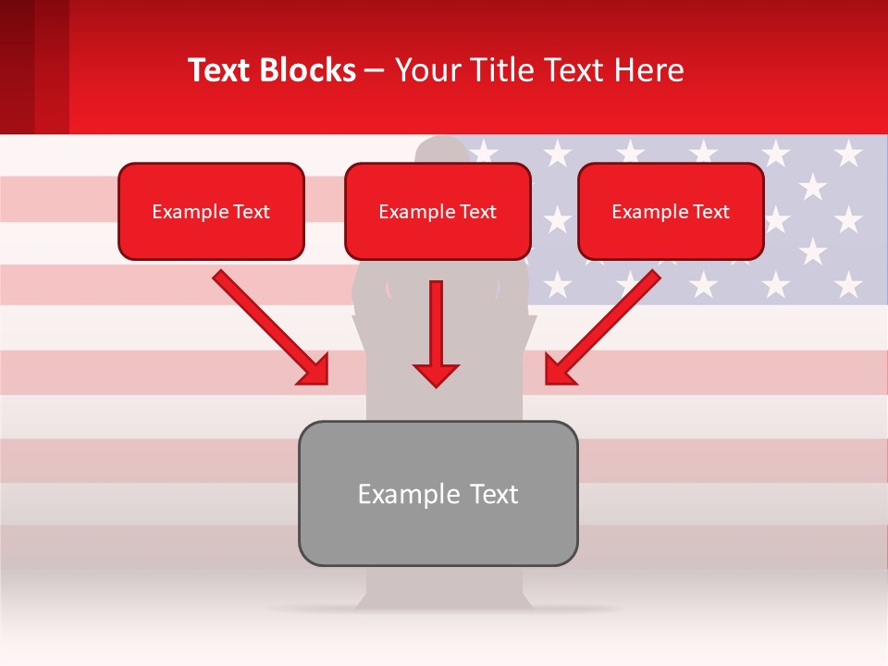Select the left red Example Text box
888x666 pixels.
tap(211, 212)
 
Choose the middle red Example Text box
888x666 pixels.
tap(438, 212)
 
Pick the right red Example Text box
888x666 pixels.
tap(671, 212)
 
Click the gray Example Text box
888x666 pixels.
tap(438, 493)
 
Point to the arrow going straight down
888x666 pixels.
tap(436, 333)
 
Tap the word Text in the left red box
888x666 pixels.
tap(252, 212)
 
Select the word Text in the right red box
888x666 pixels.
tap(711, 212)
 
